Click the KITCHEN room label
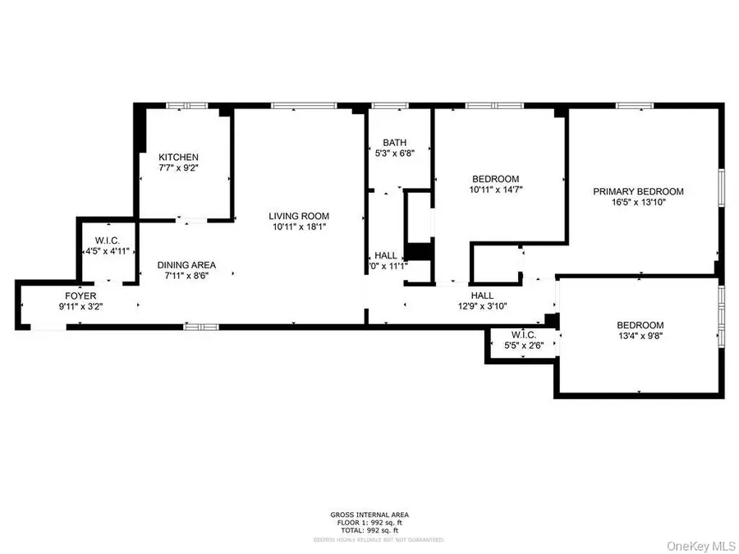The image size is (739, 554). [x=178, y=157]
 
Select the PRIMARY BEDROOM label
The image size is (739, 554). [x=638, y=191]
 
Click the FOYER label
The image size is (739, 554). [x=80, y=295]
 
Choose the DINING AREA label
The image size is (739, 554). [x=186, y=265]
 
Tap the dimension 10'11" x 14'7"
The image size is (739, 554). [x=495, y=190]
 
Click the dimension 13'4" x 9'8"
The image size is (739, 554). [x=640, y=335]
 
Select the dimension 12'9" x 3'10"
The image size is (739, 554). [x=481, y=306]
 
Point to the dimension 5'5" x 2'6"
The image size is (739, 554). [x=523, y=345]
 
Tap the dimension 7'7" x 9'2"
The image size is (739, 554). [x=178, y=167]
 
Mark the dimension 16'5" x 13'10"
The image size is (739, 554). [x=638, y=203]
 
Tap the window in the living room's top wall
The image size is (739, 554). [x=303, y=105]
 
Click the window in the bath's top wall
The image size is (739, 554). [x=388, y=105]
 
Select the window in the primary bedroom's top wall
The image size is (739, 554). [x=635, y=105]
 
